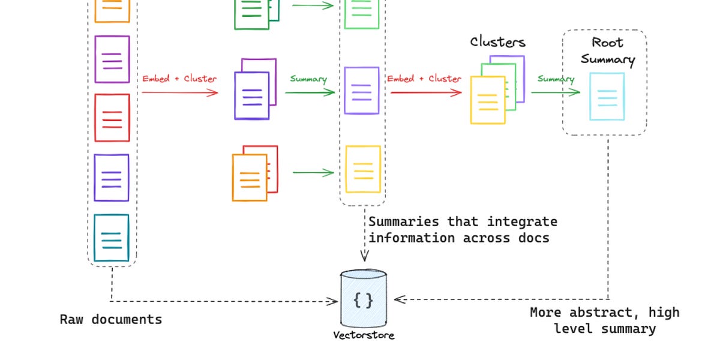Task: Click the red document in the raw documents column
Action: tap(112, 118)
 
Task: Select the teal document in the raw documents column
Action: tap(112, 238)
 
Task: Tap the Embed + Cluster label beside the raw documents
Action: tap(179, 79)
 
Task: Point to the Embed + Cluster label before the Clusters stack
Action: tap(424, 79)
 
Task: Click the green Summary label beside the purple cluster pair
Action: tap(308, 79)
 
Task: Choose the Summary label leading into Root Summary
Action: tap(555, 79)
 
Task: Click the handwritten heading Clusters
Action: tap(497, 42)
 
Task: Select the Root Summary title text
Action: tap(607, 51)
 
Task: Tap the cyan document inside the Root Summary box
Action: tap(607, 96)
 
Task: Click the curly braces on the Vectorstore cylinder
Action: tap(363, 299)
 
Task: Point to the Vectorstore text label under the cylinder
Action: tap(364, 335)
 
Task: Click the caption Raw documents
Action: tap(111, 319)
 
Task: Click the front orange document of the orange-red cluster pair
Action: tap(250, 178)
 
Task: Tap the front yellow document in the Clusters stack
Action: tap(487, 100)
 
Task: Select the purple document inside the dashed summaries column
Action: tap(362, 91)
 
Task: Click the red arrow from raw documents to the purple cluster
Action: tap(179, 92)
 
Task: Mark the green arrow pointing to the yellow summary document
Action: tap(313, 173)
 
